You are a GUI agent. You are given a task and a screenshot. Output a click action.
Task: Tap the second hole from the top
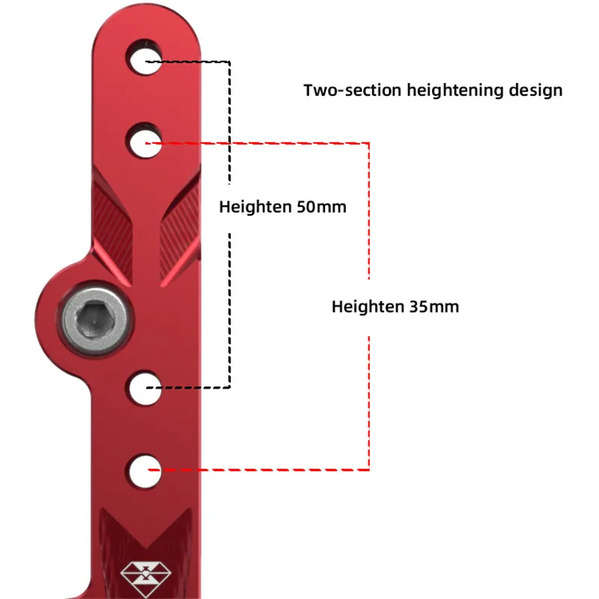tap(143, 142)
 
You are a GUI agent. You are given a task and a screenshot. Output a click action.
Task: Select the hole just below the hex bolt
tap(143, 388)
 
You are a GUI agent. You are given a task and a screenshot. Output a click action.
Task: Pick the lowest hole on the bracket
tap(144, 470)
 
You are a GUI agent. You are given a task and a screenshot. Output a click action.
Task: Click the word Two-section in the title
tap(352, 91)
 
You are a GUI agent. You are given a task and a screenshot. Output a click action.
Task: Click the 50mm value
tap(321, 207)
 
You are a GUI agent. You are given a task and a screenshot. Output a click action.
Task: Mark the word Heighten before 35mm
tap(368, 306)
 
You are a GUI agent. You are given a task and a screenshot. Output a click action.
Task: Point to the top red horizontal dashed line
tap(262, 142)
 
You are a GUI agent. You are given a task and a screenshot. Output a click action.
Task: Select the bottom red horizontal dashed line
tap(262, 470)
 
